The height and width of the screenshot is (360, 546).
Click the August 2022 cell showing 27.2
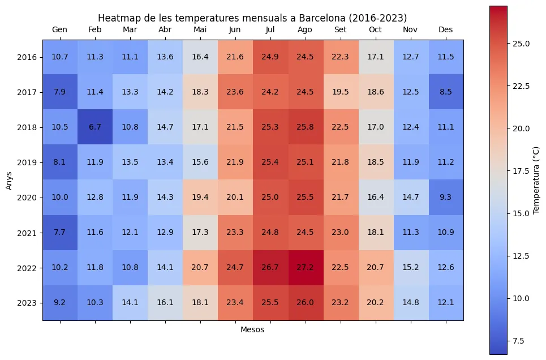click(x=306, y=268)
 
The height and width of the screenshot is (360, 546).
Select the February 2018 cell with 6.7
click(x=95, y=127)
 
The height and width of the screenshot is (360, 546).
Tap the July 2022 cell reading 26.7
click(x=270, y=268)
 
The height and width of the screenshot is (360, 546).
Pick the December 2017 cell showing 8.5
click(x=446, y=92)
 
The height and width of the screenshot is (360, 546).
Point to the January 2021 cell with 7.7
click(x=60, y=233)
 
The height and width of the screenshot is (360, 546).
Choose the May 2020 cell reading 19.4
click(x=200, y=198)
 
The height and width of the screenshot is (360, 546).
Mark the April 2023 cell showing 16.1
click(x=165, y=303)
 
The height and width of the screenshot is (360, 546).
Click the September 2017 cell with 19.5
click(x=341, y=92)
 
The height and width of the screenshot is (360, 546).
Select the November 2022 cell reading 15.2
click(x=411, y=268)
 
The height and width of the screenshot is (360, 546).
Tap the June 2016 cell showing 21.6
click(x=235, y=57)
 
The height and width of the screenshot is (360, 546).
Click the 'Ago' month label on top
click(x=306, y=29)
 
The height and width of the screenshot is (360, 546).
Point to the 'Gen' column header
click(x=60, y=29)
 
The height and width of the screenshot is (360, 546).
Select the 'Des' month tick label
click(x=446, y=29)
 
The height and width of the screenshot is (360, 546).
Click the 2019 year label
click(x=27, y=162)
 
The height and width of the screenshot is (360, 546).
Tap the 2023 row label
click(x=27, y=303)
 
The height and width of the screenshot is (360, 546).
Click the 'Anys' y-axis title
click(x=8, y=180)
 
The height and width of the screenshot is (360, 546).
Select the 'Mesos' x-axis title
click(x=252, y=329)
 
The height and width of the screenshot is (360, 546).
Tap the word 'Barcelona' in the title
click(x=319, y=18)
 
